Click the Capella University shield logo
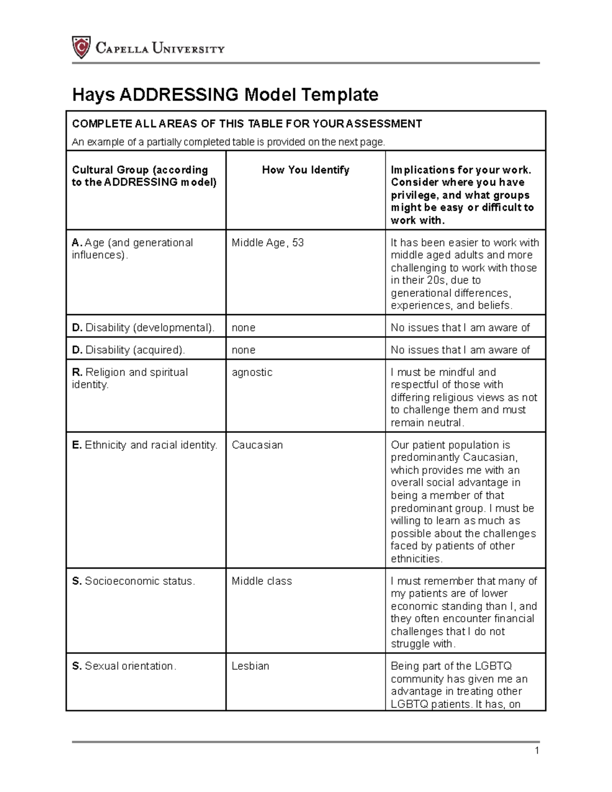point(81,47)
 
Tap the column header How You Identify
point(305,170)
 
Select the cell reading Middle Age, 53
point(268,243)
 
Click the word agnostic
point(252,372)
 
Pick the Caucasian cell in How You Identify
point(257,445)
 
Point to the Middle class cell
point(262,581)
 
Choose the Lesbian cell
point(250,666)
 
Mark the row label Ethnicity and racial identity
point(145,445)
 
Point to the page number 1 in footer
point(537,750)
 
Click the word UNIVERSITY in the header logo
point(189,49)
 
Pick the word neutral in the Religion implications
point(445,423)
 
